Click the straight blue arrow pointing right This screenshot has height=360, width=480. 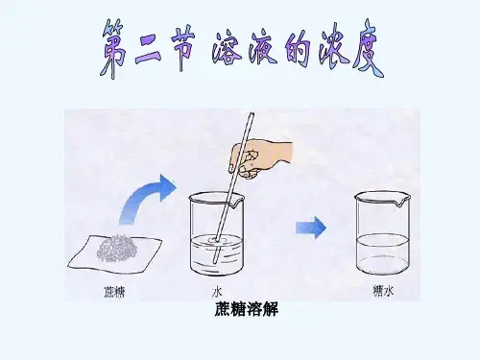(x=311, y=228)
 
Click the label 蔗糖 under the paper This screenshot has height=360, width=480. (x=114, y=292)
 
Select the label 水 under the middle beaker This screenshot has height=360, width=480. (x=217, y=292)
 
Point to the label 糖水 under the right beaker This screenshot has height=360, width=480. (x=383, y=292)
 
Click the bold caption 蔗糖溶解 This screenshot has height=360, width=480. (x=246, y=309)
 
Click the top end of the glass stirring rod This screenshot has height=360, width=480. (x=252, y=113)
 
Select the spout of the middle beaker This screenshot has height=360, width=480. (x=237, y=203)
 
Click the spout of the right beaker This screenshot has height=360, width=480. (x=400, y=202)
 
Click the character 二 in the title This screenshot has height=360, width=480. (x=149, y=51)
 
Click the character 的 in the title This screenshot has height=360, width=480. (x=298, y=49)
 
